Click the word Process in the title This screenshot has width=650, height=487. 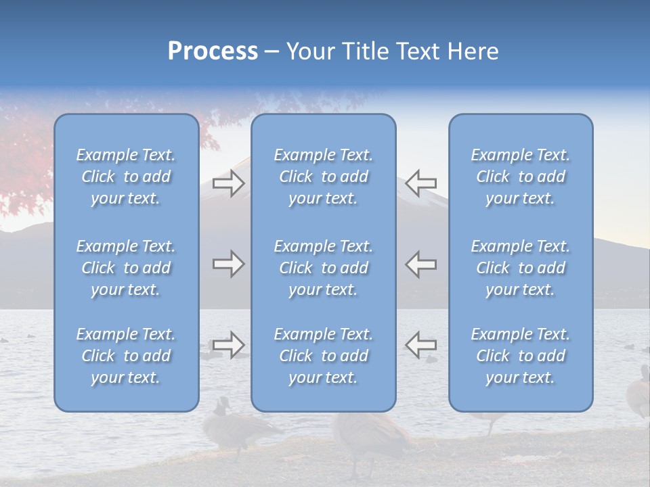click(213, 51)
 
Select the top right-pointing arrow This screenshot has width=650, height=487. click(228, 183)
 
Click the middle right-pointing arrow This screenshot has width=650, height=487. click(228, 264)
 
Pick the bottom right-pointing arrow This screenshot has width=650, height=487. click(228, 344)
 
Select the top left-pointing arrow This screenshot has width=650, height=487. click(420, 182)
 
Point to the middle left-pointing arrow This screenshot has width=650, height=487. click(420, 264)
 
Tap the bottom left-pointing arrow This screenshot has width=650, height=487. click(420, 344)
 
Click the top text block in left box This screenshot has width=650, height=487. click(126, 177)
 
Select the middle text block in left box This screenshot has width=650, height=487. click(126, 268)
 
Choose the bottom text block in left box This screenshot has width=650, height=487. click(126, 356)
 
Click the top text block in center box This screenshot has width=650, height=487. click(324, 177)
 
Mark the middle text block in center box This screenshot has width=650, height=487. click(324, 268)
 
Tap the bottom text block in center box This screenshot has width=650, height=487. click(324, 356)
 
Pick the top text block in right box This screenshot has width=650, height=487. click(521, 177)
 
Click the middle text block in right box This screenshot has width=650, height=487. click(521, 268)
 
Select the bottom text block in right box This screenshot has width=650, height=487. click(521, 356)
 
